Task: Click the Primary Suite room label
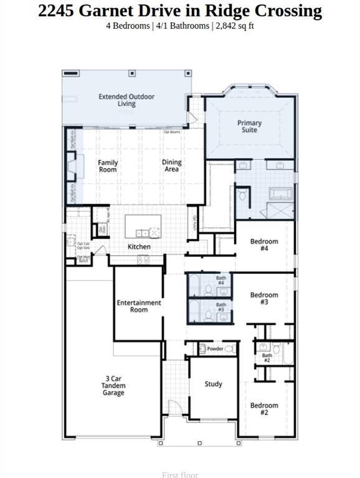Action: point(249,126)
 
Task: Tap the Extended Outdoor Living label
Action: point(126,100)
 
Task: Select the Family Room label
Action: point(108,166)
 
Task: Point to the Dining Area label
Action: point(171,166)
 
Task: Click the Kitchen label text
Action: point(139,247)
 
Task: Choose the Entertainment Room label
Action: point(139,306)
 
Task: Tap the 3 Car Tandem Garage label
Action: point(114,385)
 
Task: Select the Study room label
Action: point(213,385)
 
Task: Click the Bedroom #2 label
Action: point(264,409)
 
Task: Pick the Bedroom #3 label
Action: point(264,298)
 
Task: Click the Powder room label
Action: point(215,349)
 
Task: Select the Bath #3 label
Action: point(220,307)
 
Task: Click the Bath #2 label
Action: point(266,358)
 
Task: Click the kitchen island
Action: point(143,226)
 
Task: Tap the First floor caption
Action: point(180,474)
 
